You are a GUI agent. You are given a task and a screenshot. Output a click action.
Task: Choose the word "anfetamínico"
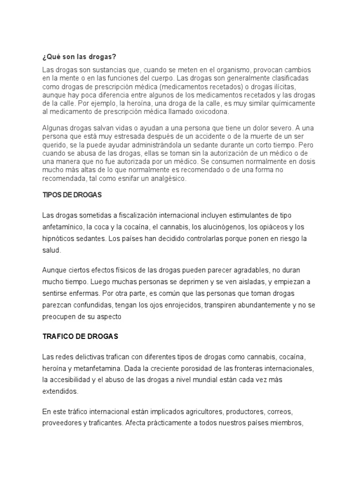pos(62,227)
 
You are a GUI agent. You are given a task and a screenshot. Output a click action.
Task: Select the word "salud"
pos(51,251)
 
